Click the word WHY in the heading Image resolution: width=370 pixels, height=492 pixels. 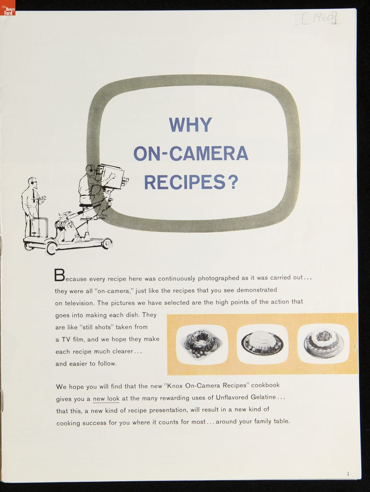click(x=190, y=125)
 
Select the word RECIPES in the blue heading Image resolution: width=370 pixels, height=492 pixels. click(x=185, y=182)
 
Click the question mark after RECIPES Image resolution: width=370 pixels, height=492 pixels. click(x=233, y=182)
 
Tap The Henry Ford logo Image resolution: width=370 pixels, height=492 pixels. click(x=8, y=8)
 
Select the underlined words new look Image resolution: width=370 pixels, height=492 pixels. click(x=106, y=399)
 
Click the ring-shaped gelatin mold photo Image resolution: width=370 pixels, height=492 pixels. click(x=202, y=344)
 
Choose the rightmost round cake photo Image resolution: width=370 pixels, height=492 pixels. click(x=323, y=343)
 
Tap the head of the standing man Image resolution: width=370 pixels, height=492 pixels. click(x=33, y=182)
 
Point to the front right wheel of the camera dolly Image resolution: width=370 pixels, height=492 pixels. click(x=108, y=243)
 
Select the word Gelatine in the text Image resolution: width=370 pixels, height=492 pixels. click(x=263, y=397)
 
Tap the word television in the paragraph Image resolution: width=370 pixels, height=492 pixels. click(x=78, y=303)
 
